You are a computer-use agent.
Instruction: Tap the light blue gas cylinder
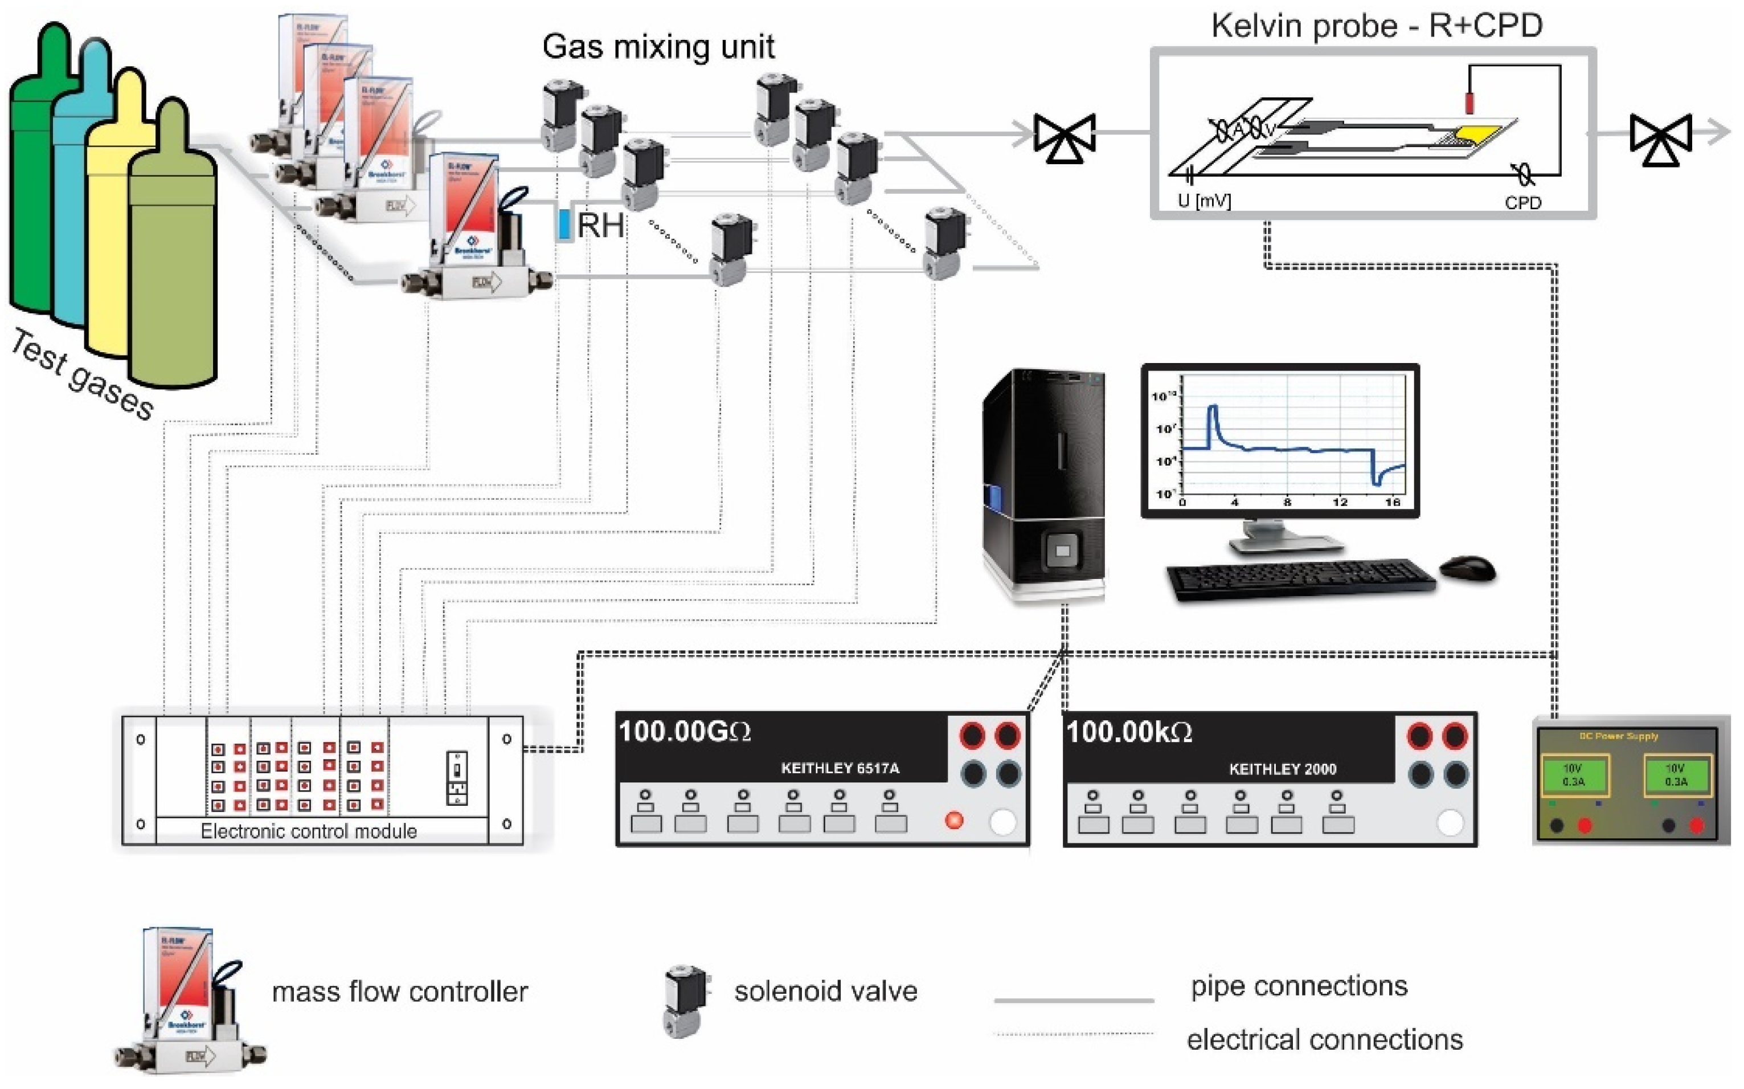tap(72, 216)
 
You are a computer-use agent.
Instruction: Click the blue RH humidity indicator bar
tap(564, 223)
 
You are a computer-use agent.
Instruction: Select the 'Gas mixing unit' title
tap(658, 47)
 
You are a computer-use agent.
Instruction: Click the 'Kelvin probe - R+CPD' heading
tap(1376, 25)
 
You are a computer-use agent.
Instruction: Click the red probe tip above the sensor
tap(1469, 101)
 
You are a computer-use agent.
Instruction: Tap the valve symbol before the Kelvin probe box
tap(1065, 137)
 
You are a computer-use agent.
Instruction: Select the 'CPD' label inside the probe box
tap(1522, 203)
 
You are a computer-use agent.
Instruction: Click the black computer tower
tap(1043, 483)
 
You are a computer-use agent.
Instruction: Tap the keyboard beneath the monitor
tap(1299, 578)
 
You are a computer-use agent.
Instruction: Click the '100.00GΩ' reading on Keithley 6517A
tap(685, 732)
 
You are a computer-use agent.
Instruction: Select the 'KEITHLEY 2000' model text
tap(1282, 769)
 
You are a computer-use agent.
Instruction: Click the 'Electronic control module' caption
tap(308, 831)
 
